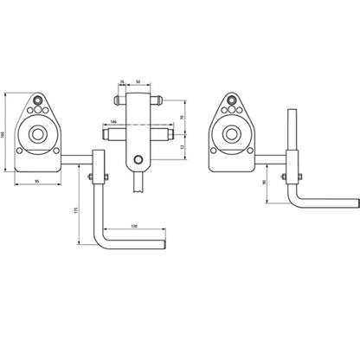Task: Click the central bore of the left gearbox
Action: (40, 134)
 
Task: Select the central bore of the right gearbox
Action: (231, 134)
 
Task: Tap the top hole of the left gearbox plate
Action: (40, 100)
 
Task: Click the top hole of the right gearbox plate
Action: (231, 100)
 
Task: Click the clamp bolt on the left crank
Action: (89, 179)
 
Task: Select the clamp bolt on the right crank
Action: (286, 179)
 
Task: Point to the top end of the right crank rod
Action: (294, 112)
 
